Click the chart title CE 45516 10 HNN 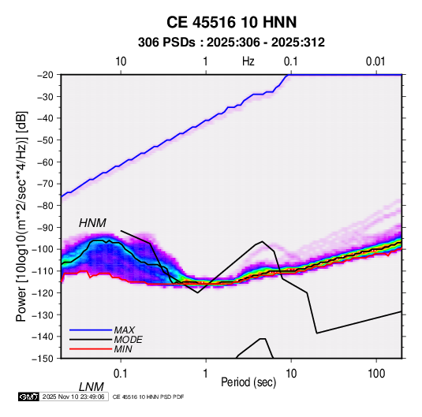(231, 22)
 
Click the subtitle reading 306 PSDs (166, 43)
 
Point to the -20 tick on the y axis (45, 75)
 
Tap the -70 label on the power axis (45, 184)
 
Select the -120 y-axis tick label (43, 293)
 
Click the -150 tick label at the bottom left (43, 359)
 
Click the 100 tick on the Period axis (376, 374)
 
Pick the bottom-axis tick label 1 (206, 374)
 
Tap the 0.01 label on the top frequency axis (375, 61)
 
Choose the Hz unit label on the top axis (248, 61)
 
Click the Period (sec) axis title (248, 382)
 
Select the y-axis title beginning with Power (21, 216)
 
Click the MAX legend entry (125, 330)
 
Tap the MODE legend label (128, 340)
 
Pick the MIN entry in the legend (123, 349)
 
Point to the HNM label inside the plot (92, 223)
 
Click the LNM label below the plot (91, 387)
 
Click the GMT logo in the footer (29, 397)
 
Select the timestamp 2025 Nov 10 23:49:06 (73, 397)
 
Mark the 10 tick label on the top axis (121, 61)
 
